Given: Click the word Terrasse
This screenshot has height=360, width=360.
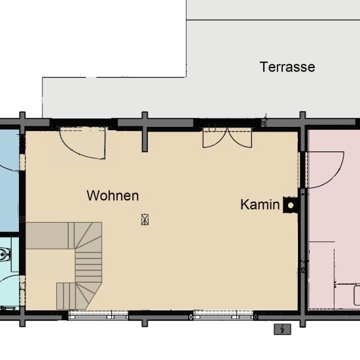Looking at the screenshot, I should tap(287, 67).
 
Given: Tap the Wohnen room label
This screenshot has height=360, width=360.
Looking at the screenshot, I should tap(113, 195).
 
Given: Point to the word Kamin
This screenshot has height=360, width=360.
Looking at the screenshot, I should tap(260, 205).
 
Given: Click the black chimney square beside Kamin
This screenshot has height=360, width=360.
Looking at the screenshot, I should tap(290, 206).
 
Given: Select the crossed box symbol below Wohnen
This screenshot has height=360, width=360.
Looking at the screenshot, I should tap(145, 220).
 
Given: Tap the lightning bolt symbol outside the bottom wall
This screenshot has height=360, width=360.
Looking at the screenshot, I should tap(282, 329).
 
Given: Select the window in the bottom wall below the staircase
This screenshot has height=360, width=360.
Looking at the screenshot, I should tap(98, 315).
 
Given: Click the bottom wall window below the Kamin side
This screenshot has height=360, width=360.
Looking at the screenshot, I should tap(223, 315).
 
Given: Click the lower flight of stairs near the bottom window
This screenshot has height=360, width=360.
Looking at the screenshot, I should tap(72, 295).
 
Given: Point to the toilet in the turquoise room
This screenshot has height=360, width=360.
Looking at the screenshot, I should tap(5, 253).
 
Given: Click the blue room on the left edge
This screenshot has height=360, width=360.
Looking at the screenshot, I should tap(8, 177).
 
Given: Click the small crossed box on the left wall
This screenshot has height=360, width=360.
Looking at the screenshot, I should tap(24, 219).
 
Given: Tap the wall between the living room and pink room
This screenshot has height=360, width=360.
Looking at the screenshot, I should tap(303, 262).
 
